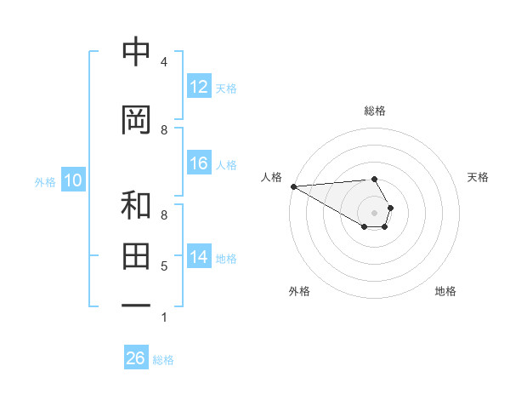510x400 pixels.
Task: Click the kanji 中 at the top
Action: [137, 53]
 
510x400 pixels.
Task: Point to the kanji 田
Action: [137, 255]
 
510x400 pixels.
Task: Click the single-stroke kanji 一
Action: [137, 304]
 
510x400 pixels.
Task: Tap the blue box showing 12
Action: [199, 87]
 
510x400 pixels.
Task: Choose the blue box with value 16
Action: [199, 163]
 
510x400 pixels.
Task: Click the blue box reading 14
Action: [199, 258]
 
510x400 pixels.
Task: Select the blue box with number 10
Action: [72, 180]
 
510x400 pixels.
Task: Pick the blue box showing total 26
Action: [135, 358]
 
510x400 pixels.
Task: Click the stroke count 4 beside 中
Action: [164, 62]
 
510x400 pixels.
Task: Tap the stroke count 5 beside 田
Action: [164, 266]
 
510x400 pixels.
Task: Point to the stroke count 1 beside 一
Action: [164, 317]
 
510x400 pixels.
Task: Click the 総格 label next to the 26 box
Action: [163, 360]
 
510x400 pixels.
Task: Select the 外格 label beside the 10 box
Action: [44, 181]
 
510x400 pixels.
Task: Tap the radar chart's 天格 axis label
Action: [478, 177]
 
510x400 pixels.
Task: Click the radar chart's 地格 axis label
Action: [445, 291]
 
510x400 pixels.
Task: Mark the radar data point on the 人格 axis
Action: [293, 186]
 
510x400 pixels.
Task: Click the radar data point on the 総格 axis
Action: [374, 179]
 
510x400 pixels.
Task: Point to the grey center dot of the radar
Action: [374, 213]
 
